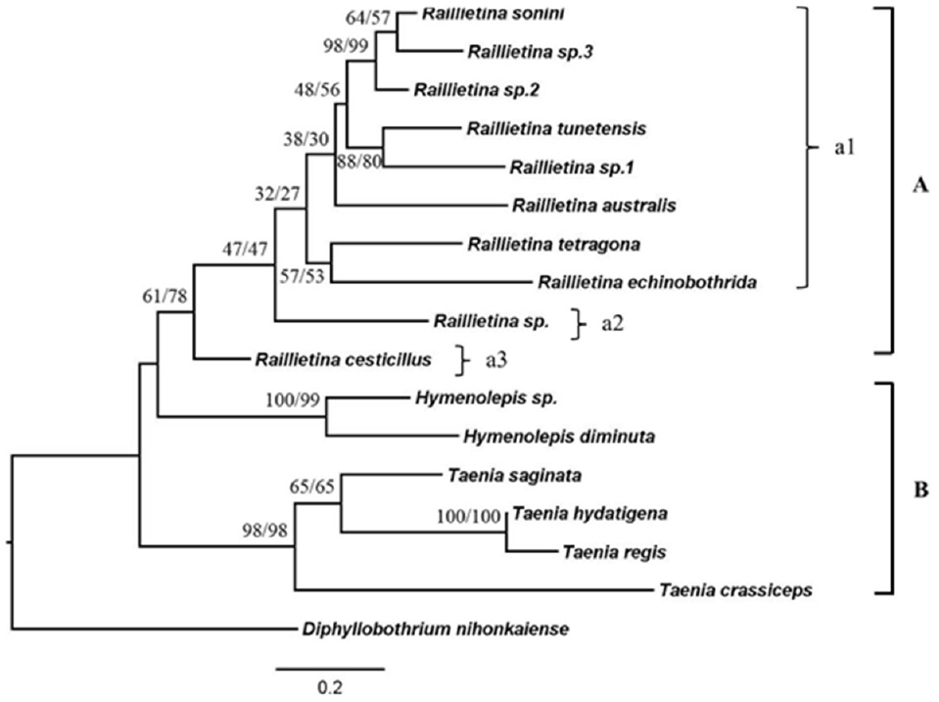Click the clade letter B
click(x=920, y=490)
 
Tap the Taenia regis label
click(x=600, y=552)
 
